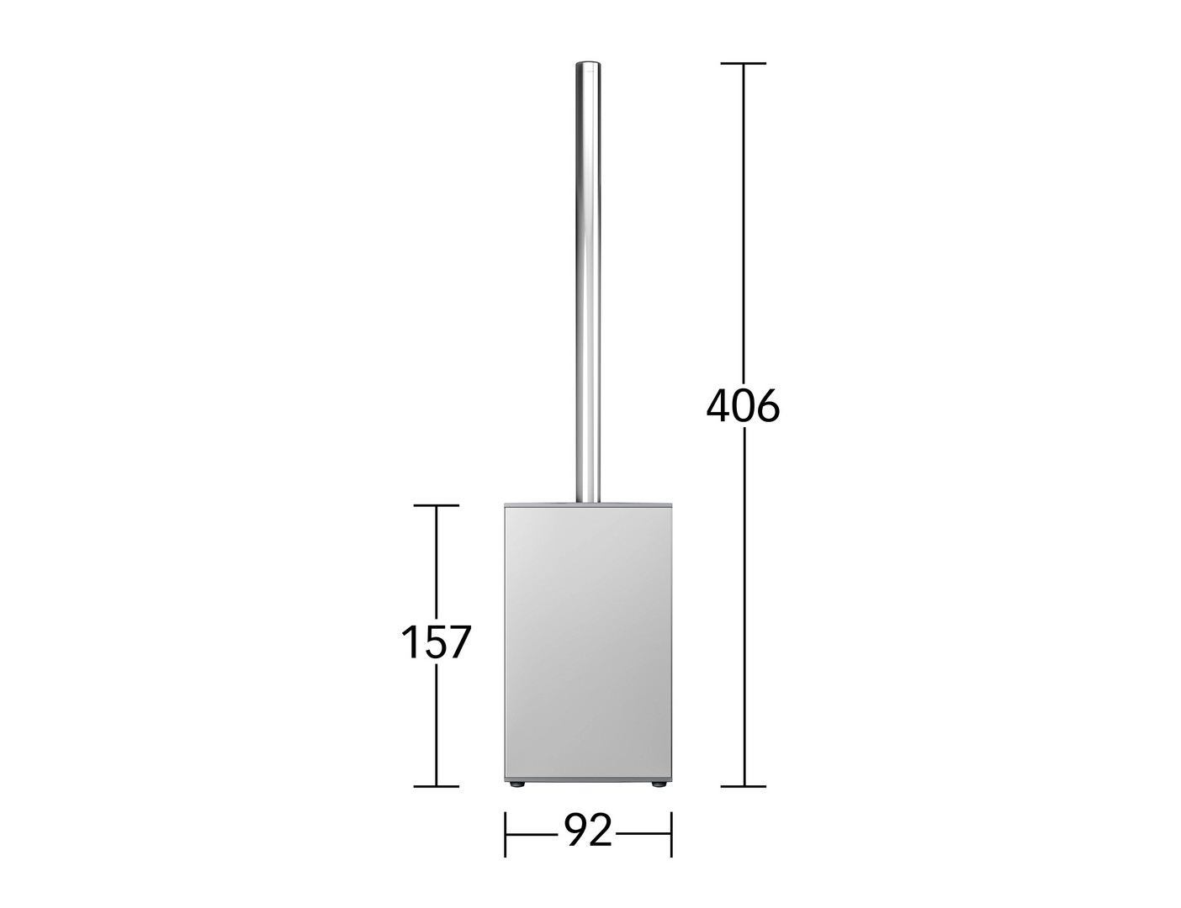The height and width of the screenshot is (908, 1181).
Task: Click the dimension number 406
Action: click(x=743, y=406)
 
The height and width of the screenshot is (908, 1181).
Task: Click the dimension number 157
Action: click(x=436, y=641)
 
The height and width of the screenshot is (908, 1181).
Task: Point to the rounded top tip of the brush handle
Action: click(x=588, y=64)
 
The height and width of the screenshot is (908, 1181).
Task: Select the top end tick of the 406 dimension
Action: click(x=744, y=64)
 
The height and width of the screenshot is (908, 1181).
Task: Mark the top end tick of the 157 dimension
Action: click(x=437, y=505)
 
